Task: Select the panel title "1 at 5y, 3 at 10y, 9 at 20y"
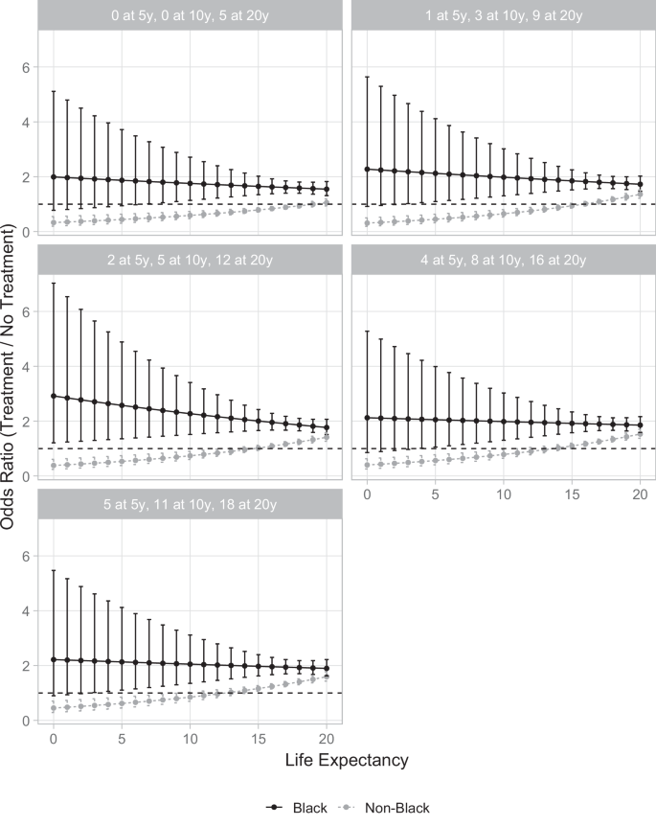pyautogui.click(x=504, y=15)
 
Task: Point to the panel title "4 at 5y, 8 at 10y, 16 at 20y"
pyautogui.click(x=504, y=260)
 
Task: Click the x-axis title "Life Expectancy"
pyautogui.click(x=347, y=761)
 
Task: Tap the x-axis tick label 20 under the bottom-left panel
pyautogui.click(x=327, y=740)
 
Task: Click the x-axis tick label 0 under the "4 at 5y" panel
pyautogui.click(x=368, y=494)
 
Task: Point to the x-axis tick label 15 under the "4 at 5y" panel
pyautogui.click(x=572, y=494)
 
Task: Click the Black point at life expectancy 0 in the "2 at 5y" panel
pyautogui.click(x=54, y=396)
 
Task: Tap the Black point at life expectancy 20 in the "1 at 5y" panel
pyautogui.click(x=641, y=184)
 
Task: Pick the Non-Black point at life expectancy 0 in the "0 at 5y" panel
pyautogui.click(x=54, y=223)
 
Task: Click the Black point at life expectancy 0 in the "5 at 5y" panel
pyautogui.click(x=54, y=659)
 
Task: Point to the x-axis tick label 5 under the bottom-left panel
pyautogui.click(x=122, y=740)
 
